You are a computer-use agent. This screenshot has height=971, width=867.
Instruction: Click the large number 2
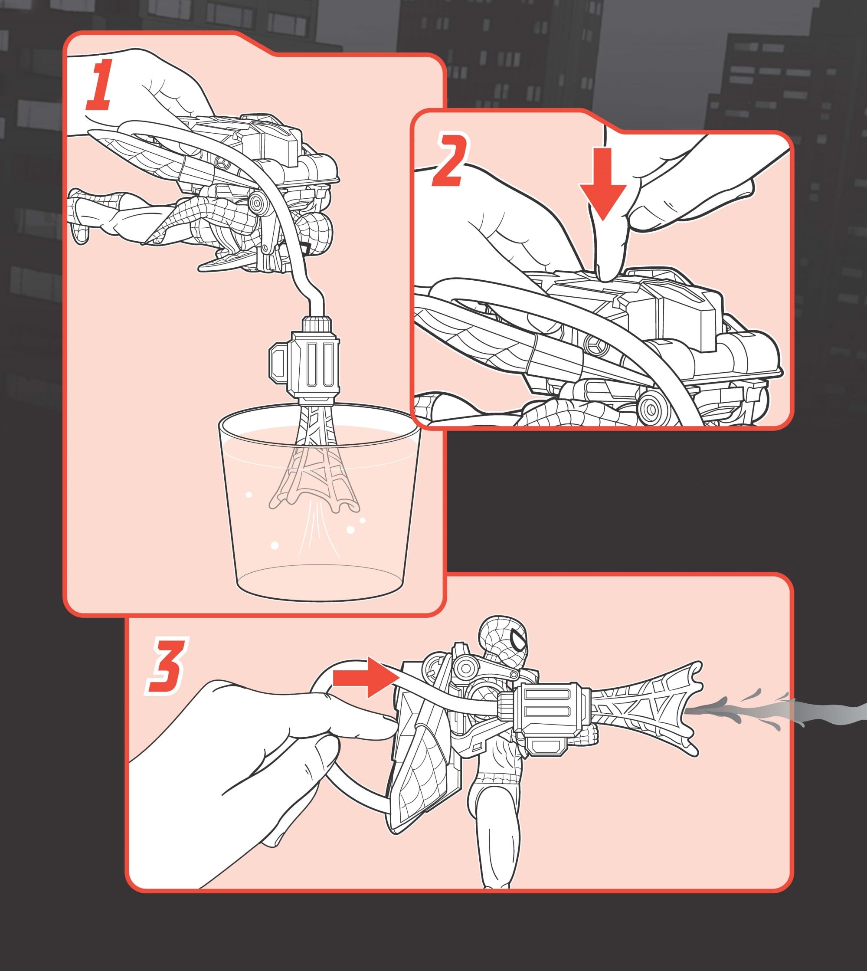tap(450, 161)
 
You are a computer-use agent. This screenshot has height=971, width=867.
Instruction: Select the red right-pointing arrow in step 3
tap(364, 678)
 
